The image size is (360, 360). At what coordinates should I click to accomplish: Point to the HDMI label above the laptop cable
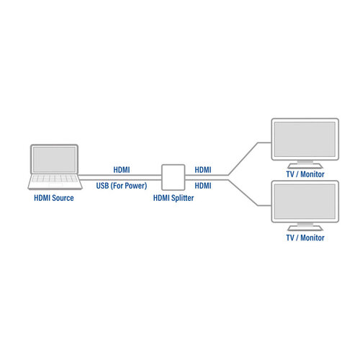[122, 170]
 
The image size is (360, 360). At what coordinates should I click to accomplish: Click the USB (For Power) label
[122, 186]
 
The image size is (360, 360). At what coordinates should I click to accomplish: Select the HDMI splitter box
[172, 177]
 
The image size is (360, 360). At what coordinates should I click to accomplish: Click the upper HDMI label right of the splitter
[204, 170]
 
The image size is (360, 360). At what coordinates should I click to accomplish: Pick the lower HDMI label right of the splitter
[204, 186]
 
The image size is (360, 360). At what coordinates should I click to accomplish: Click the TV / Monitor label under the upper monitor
[305, 174]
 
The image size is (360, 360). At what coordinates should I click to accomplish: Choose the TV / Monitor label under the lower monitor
[305, 238]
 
